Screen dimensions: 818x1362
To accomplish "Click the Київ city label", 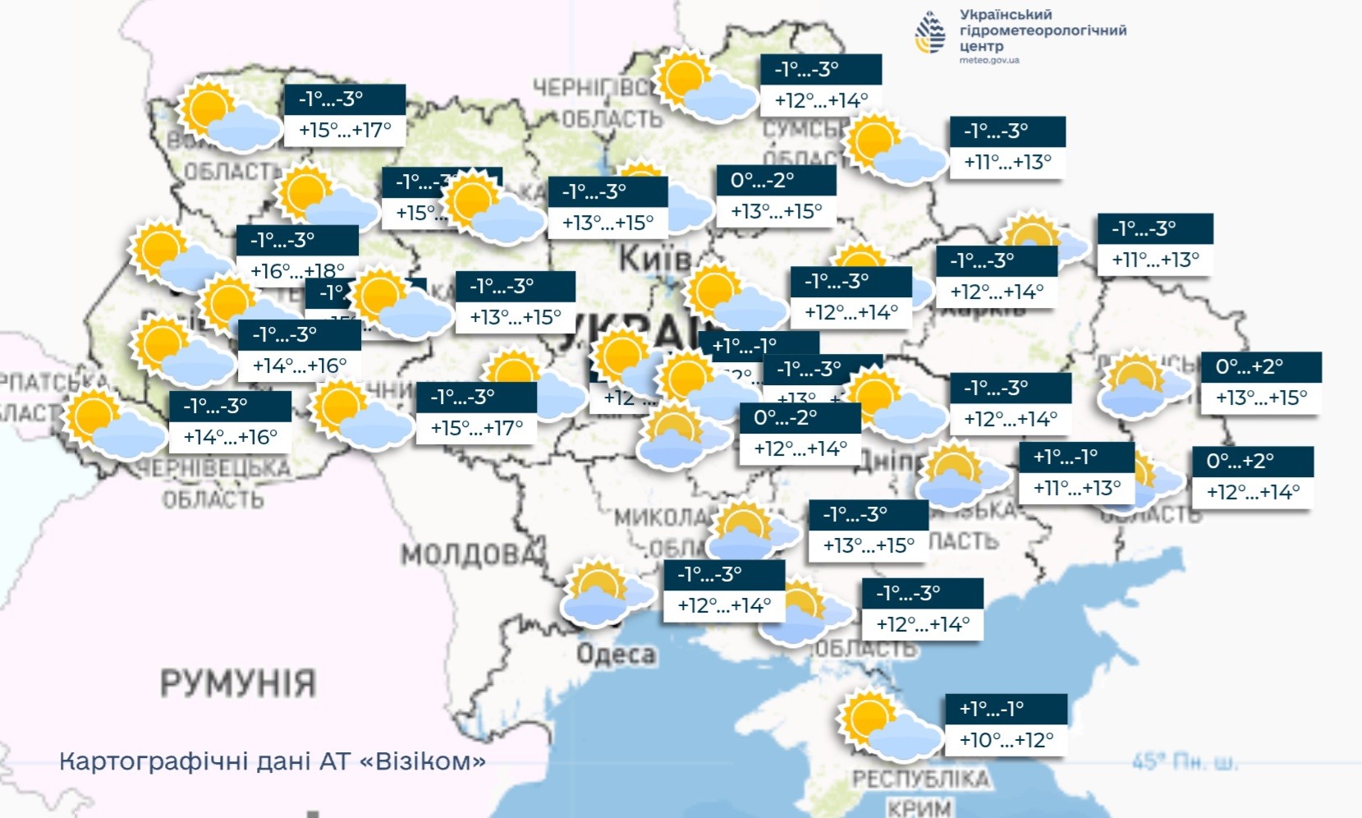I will (x=654, y=260).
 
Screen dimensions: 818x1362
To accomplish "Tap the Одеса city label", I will (x=616, y=655).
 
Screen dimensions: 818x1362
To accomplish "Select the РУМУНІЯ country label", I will (x=238, y=682).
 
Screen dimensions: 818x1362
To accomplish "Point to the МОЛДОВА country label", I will (x=472, y=555).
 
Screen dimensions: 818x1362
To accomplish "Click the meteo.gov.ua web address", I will (x=989, y=60).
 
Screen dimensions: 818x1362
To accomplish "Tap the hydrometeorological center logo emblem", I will (x=931, y=33).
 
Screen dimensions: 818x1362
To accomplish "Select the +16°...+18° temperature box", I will (x=297, y=270).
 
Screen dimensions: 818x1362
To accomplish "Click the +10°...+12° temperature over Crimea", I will (x=1006, y=740).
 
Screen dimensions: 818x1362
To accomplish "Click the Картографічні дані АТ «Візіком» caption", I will (x=273, y=761).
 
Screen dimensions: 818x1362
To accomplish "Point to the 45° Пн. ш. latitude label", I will (x=1184, y=763).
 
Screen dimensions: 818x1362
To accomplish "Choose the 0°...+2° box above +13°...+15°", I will (x=1260, y=367).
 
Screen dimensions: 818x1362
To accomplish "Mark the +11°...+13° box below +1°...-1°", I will (x=1076, y=488).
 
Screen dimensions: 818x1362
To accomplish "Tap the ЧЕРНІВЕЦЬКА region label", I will (x=213, y=468).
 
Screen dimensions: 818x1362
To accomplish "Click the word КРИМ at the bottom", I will (x=919, y=807).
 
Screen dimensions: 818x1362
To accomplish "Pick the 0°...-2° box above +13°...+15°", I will (x=776, y=181).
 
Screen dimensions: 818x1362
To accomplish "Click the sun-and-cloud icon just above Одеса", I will (x=605, y=591).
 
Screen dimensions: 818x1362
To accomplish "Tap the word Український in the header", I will (x=1005, y=15).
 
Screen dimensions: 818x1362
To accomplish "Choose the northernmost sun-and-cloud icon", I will (x=705, y=85).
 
